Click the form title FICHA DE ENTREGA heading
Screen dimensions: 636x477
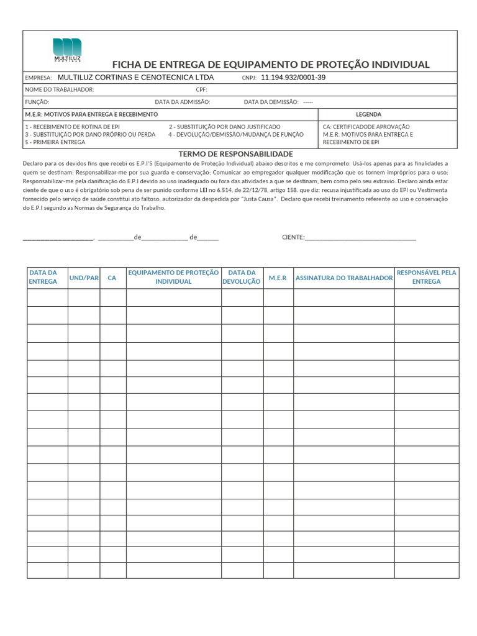coord(271,65)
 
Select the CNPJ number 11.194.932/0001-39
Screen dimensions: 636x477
coord(293,78)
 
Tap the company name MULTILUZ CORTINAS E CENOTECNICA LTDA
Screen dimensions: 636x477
coord(135,78)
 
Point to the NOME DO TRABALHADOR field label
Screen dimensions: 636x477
coord(59,90)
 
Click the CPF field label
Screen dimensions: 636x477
coord(201,90)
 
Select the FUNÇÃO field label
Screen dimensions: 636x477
coord(37,102)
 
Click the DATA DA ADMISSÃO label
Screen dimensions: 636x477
coord(182,102)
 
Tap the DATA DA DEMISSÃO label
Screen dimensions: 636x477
coord(271,102)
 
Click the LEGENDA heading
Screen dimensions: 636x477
coord(368,114)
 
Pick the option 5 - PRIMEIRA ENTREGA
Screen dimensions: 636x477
coord(55,142)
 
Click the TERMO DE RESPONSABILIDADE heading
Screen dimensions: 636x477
coord(235,153)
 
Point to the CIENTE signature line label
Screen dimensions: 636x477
coord(293,237)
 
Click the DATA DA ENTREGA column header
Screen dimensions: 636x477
coord(43,277)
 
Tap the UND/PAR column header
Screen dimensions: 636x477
coord(84,278)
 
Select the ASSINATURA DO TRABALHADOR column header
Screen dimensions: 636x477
coord(344,278)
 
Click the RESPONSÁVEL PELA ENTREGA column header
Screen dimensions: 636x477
coord(426,277)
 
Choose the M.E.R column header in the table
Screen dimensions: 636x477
coord(278,278)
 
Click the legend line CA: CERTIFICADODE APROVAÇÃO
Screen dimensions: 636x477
coord(366,126)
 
